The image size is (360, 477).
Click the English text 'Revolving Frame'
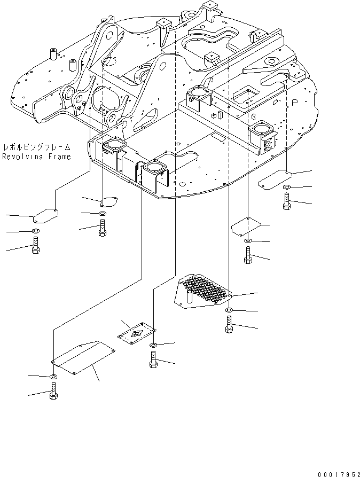point(36,157)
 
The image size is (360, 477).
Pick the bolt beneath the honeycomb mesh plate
point(229,324)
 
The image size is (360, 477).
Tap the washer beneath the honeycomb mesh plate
point(229,310)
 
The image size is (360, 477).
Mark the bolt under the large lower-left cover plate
point(53,393)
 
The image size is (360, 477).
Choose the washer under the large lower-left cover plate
point(53,378)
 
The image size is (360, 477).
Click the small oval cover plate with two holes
point(109,202)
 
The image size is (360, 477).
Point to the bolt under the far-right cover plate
point(286,201)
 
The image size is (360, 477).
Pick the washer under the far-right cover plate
point(286,187)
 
